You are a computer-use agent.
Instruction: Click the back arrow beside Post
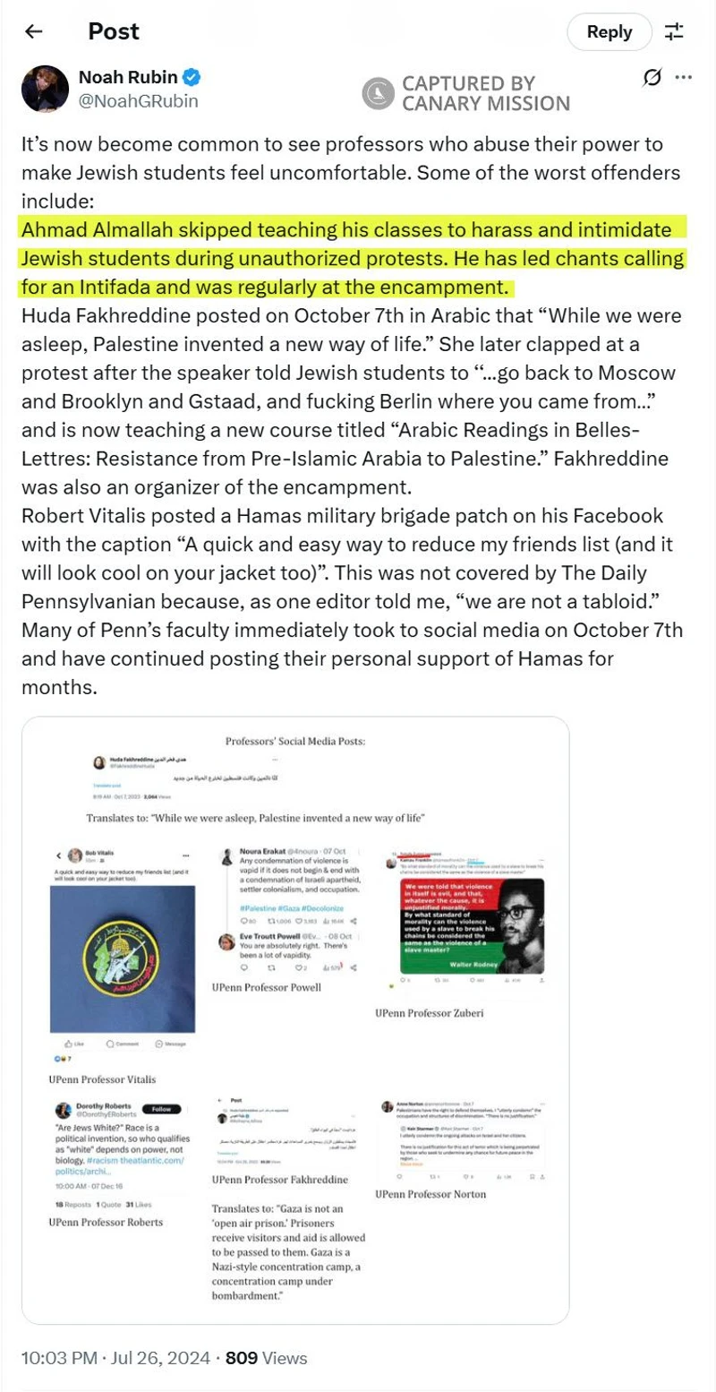click(x=34, y=31)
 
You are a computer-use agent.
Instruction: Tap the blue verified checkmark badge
click(x=192, y=77)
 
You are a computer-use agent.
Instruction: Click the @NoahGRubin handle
click(x=139, y=101)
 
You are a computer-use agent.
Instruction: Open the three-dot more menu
click(x=684, y=77)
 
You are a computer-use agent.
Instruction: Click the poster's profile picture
click(x=45, y=88)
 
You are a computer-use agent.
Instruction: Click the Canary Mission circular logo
click(x=378, y=93)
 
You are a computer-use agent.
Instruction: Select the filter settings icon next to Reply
click(x=674, y=32)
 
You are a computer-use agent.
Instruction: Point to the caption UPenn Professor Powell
click(x=267, y=987)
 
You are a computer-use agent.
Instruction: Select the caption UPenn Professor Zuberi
click(x=430, y=1013)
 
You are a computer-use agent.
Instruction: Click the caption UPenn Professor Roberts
click(x=106, y=1222)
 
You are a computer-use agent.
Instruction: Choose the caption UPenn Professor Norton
click(x=430, y=1194)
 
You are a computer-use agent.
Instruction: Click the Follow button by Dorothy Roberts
click(x=162, y=1108)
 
